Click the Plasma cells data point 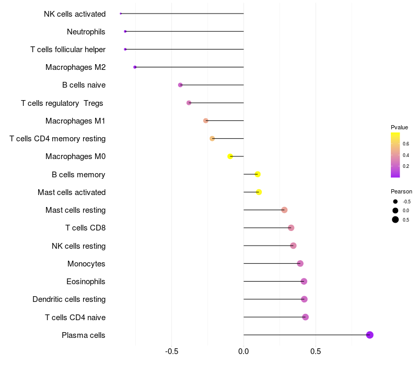pyautogui.click(x=370, y=335)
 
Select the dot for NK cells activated pyautogui.click(x=121, y=14)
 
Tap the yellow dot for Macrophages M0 pyautogui.click(x=230, y=156)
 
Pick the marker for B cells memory pyautogui.click(x=258, y=174)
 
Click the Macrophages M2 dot pyautogui.click(x=135, y=67)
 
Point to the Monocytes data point pyautogui.click(x=300, y=263)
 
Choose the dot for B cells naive pyautogui.click(x=180, y=85)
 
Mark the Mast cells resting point pyautogui.click(x=284, y=210)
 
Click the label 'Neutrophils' pyautogui.click(x=86, y=32)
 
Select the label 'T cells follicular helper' pyautogui.click(x=68, y=50)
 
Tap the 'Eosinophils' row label pyautogui.click(x=86, y=282)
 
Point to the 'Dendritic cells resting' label pyautogui.click(x=69, y=299)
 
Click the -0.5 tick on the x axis pyautogui.click(x=172, y=351)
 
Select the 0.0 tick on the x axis pyautogui.click(x=243, y=351)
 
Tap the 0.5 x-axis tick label pyautogui.click(x=316, y=351)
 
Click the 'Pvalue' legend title pyautogui.click(x=399, y=127)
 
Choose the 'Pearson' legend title pyautogui.click(x=401, y=191)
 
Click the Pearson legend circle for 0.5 pyautogui.click(x=396, y=220)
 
